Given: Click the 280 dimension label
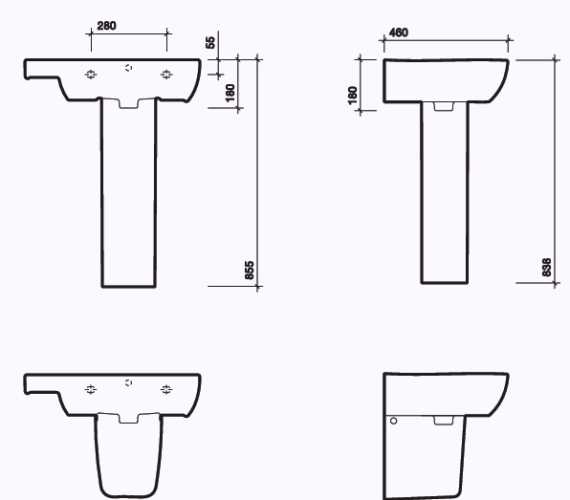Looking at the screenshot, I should (106, 26).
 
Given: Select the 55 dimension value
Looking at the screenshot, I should (210, 43).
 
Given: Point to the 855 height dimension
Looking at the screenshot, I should (250, 270).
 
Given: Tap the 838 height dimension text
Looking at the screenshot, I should (547, 267).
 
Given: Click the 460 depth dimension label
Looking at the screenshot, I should (399, 33).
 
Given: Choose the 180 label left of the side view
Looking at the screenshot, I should (353, 95).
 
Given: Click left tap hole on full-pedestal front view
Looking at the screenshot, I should (91, 75).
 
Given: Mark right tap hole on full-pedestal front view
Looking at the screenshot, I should (166, 75).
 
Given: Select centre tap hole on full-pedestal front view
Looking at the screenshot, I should (129, 69).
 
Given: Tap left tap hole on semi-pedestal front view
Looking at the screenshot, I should (91, 389).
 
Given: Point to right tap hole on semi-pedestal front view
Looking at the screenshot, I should (166, 389).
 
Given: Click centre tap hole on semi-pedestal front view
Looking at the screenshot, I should (129, 383).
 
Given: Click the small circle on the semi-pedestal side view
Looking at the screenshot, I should (392, 420).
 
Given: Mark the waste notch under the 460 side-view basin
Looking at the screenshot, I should (444, 106).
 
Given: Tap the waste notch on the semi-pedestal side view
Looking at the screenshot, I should (443, 420).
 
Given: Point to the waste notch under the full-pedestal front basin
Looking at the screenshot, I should (128, 103).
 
